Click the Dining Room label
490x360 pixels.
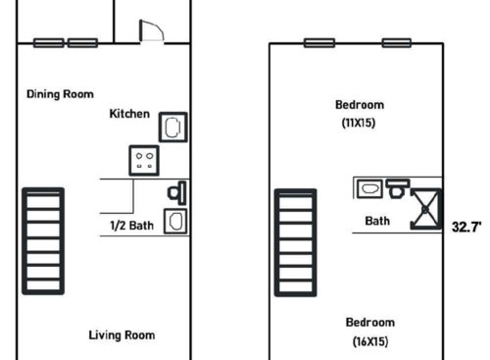60,94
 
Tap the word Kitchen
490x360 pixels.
129,114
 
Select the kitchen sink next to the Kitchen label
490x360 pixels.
172,127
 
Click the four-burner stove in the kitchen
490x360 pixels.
144,160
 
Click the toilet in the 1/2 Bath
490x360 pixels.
177,190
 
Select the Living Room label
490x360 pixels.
122,335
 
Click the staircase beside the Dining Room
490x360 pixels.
43,240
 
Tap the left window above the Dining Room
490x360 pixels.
49,43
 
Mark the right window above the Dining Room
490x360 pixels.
83,43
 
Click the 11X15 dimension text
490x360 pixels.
360,124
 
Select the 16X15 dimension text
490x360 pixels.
370,341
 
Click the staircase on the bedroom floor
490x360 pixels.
294,240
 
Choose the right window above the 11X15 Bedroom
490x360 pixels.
396,43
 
